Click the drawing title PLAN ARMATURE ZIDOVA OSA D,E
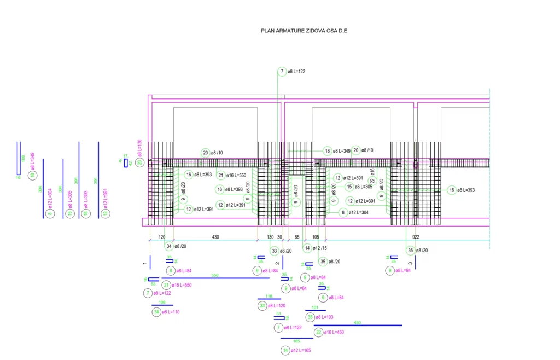[x=304, y=31]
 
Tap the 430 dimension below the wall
[x=215, y=237]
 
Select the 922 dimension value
[x=416, y=237]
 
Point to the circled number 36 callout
[x=410, y=251]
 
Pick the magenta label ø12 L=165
[x=300, y=350]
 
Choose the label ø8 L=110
[x=171, y=312]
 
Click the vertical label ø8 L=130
[x=140, y=149]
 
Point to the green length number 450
[x=358, y=323]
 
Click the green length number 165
[x=296, y=341]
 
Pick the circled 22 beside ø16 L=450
[x=318, y=332]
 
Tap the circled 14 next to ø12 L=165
[x=285, y=350]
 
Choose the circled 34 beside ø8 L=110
[x=156, y=312]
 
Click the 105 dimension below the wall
[x=316, y=237]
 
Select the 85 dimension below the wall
[x=297, y=237]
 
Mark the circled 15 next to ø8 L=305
[x=349, y=187]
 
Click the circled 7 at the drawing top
[x=282, y=72]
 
